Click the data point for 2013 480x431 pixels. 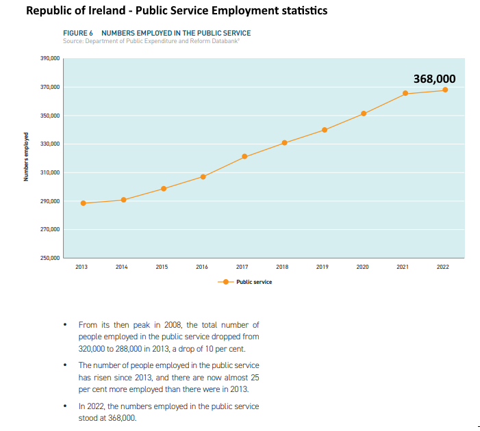coord(83,203)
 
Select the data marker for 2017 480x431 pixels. coord(244,157)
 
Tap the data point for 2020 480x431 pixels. coord(364,114)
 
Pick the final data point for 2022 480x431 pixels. coord(445,90)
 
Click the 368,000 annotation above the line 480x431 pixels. coord(434,79)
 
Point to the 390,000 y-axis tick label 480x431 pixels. coord(50,59)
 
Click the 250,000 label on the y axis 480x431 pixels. coord(50,258)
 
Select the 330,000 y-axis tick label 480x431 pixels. coord(50,144)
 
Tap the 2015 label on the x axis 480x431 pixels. coord(162,267)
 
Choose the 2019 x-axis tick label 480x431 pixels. coord(322,267)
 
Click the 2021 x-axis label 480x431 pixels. coord(403,267)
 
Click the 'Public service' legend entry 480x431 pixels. coord(253,282)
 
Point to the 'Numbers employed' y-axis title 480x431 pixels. coord(25,157)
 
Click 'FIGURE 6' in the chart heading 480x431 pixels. coord(78,33)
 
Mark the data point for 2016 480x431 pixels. coord(203,177)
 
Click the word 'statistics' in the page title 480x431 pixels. coord(303,11)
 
